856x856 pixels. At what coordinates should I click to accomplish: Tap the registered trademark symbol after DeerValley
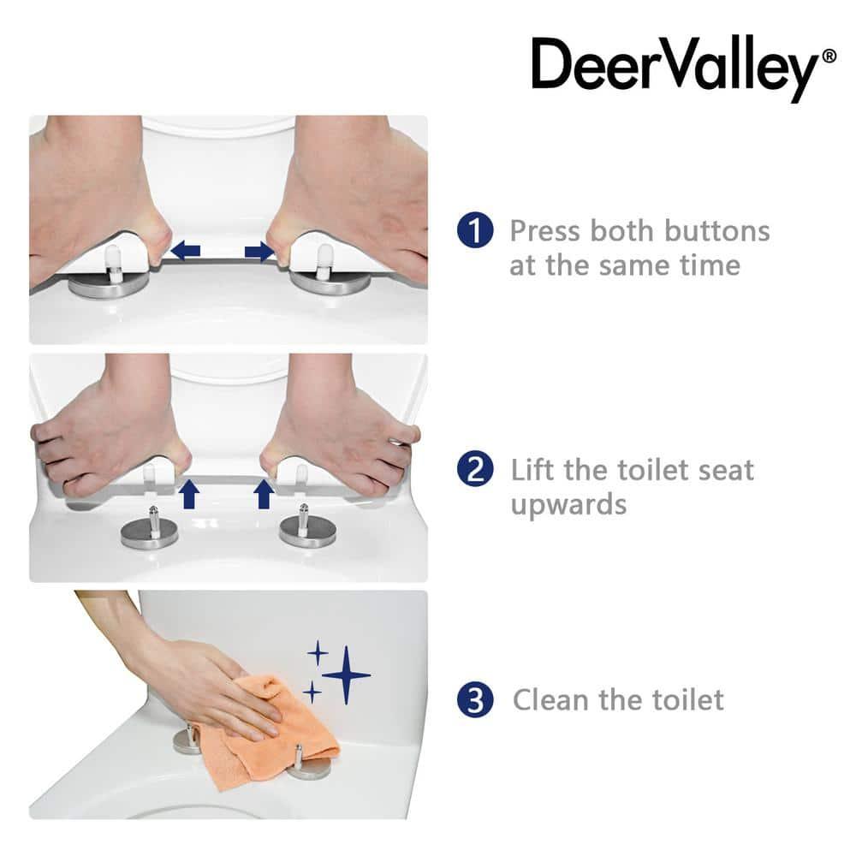[829, 56]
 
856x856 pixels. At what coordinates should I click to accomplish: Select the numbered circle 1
[475, 231]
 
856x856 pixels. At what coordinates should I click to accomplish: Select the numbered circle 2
[475, 470]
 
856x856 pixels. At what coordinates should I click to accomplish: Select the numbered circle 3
[475, 700]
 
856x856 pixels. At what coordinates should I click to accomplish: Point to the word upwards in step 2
[568, 504]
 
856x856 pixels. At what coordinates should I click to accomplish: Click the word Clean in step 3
[550, 700]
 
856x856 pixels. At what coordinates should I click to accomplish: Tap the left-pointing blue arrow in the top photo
[186, 251]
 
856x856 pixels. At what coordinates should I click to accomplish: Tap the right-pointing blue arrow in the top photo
[259, 251]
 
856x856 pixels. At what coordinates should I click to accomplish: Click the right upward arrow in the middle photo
[265, 494]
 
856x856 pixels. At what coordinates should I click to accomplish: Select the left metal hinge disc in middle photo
[151, 535]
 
